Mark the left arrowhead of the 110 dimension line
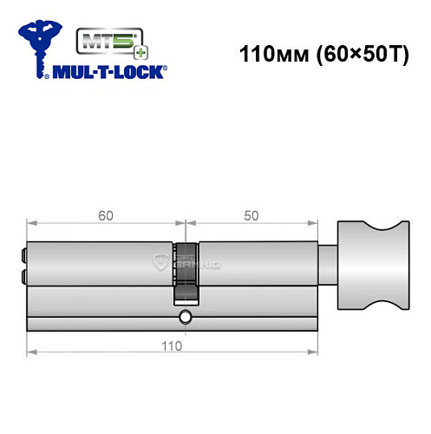pos(32,352)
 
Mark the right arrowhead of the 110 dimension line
pos(309,352)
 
